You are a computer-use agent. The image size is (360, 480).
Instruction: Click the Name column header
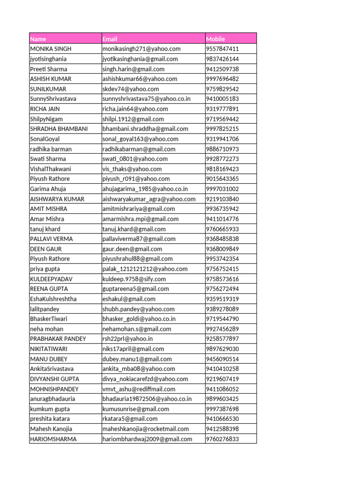pyautogui.click(x=38, y=39)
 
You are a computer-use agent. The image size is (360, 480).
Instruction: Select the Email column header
pyautogui.click(x=110, y=39)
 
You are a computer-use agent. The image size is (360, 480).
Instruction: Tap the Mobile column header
pyautogui.click(x=216, y=39)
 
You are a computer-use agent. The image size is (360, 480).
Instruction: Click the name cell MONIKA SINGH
pyautogui.click(x=51, y=49)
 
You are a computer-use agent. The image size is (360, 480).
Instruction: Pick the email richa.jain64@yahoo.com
pyautogui.click(x=135, y=109)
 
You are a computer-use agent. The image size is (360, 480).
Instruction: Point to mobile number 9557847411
pyautogui.click(x=223, y=49)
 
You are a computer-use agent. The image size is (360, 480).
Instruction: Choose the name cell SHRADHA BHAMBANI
pyautogui.click(x=59, y=129)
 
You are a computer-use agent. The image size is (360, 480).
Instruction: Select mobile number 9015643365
pyautogui.click(x=223, y=179)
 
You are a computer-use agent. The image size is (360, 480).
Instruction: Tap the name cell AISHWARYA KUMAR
pyautogui.click(x=57, y=199)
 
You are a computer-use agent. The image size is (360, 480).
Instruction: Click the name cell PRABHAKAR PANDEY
pyautogui.click(x=58, y=339)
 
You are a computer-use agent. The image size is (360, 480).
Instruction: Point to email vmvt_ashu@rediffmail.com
pyautogui.click(x=139, y=389)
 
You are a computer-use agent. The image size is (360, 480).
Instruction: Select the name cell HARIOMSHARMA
pyautogui.click(x=53, y=439)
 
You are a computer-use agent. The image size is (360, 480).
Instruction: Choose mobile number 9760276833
pyautogui.click(x=223, y=439)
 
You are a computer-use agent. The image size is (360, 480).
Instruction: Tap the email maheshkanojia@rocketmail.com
pyautogui.click(x=146, y=429)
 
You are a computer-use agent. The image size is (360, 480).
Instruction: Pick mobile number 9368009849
pyautogui.click(x=223, y=249)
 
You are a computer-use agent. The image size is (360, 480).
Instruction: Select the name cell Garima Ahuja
pyautogui.click(x=48, y=189)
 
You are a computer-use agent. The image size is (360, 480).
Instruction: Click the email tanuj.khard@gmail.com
pyautogui.click(x=134, y=229)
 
